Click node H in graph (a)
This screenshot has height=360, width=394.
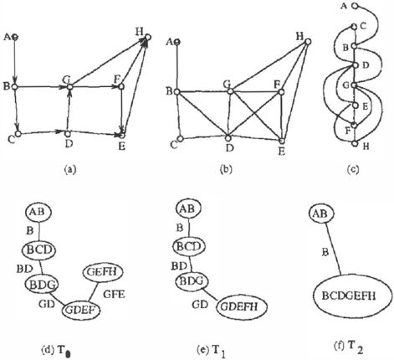(148, 37)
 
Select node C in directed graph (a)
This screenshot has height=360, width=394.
(18, 133)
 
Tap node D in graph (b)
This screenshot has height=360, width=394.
(228, 138)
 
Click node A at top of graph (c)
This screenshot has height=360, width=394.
(355, 6)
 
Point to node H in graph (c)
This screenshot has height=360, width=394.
(355, 144)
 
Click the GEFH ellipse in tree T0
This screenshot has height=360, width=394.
(103, 272)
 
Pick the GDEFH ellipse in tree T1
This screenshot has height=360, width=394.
(242, 306)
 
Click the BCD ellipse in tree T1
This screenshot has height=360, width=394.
(189, 246)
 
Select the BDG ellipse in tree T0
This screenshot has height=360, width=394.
(42, 284)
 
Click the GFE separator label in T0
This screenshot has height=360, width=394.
(114, 294)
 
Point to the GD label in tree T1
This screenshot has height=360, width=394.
(200, 305)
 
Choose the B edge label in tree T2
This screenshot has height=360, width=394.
(325, 252)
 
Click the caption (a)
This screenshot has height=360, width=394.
(69, 169)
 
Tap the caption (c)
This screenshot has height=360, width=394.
(352, 169)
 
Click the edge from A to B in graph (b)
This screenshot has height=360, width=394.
(177, 67)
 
